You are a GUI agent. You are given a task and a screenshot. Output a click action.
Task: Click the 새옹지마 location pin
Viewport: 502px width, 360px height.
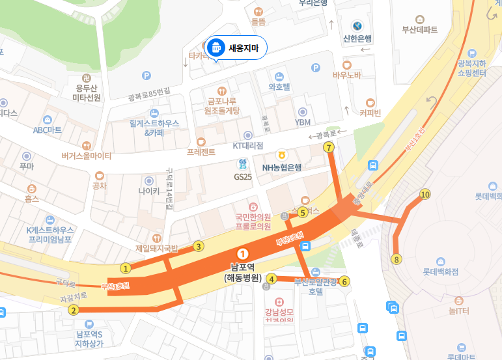tap(216, 48)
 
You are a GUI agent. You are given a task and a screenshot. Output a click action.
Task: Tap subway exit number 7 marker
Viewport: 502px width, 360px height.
tap(329, 148)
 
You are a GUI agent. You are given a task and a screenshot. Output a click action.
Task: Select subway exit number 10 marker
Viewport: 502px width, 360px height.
tap(426, 194)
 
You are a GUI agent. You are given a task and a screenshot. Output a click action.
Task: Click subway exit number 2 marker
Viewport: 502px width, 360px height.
tap(74, 310)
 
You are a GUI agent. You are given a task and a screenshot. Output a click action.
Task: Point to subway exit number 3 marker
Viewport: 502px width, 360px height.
tap(199, 246)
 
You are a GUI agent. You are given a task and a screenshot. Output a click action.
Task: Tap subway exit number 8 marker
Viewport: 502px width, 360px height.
tap(396, 260)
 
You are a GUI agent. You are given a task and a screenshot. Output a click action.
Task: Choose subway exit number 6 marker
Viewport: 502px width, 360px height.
tap(345, 281)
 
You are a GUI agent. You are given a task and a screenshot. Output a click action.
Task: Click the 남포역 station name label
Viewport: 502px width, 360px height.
tap(242, 267)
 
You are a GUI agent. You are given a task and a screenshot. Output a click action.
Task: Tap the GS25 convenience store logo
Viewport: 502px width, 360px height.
tap(242, 165)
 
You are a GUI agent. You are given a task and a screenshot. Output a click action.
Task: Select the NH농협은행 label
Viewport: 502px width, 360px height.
tap(281, 167)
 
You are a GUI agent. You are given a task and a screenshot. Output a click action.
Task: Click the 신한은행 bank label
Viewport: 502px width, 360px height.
tap(357, 38)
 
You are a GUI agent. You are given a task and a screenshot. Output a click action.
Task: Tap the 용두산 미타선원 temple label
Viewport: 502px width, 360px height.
tap(86, 92)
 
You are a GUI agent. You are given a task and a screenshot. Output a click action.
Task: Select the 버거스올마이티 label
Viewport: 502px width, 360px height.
tap(87, 156)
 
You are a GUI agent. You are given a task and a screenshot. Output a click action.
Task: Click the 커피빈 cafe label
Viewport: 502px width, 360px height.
tap(370, 112)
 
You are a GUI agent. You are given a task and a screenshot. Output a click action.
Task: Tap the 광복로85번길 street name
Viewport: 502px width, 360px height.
tap(149, 94)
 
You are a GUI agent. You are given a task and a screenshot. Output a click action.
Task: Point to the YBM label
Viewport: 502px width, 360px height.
tap(303, 122)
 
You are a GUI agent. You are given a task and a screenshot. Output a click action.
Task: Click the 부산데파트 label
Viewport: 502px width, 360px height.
tap(420, 29)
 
